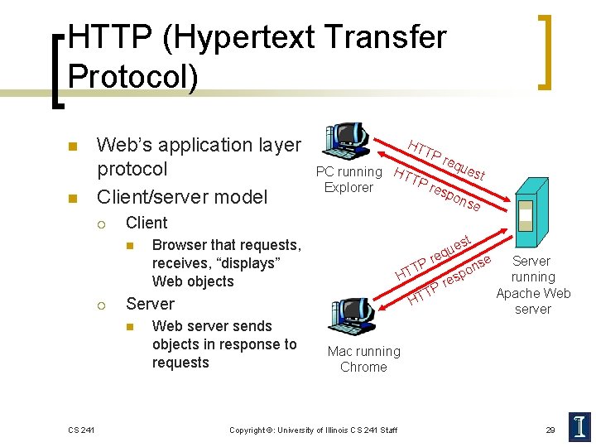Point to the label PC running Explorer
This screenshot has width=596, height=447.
point(348,180)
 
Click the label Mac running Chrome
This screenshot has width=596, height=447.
point(363,358)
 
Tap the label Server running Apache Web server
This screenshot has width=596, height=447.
point(533,285)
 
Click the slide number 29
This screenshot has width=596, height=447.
point(550,429)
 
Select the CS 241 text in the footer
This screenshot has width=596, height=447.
point(81,429)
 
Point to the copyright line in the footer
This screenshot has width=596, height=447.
point(313,429)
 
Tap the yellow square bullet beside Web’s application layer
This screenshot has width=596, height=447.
point(72,147)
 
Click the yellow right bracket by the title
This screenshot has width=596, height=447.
point(546,51)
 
